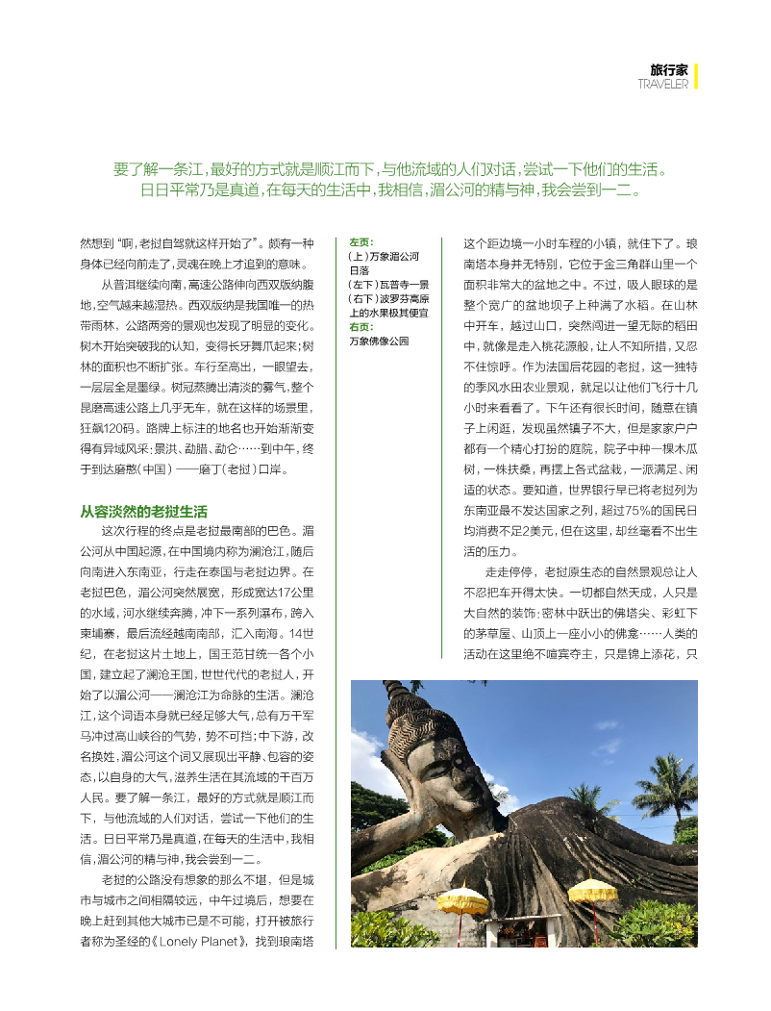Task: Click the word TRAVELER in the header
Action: [x=663, y=84]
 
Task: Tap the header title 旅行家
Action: [x=669, y=70]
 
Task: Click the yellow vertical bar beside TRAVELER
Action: [x=696, y=76]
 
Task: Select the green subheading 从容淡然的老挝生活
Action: [x=143, y=511]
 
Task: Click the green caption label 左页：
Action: [x=362, y=243]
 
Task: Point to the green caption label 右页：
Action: [x=362, y=327]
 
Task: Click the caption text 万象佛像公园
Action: [x=379, y=341]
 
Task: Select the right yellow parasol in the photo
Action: [x=592, y=889]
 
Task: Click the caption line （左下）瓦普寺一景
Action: [x=388, y=285]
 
